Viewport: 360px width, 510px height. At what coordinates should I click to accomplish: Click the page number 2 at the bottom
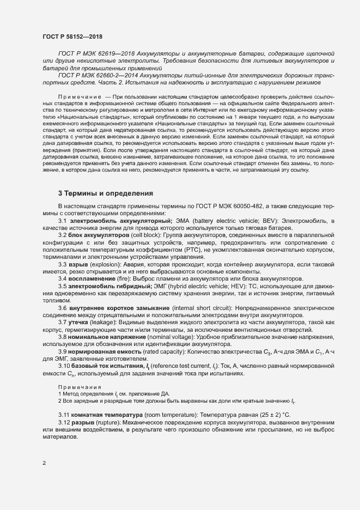[44, 463]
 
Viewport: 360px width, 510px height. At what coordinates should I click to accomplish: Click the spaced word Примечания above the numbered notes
[76, 386]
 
